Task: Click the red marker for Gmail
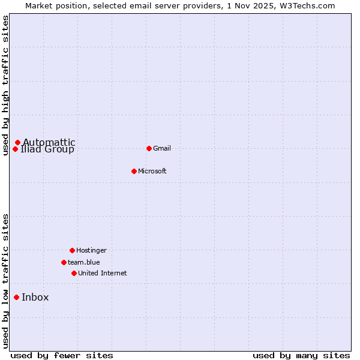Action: tap(149, 148)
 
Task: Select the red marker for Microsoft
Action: tap(134, 171)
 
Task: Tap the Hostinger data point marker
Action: tap(72, 250)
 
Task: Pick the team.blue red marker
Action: tap(64, 262)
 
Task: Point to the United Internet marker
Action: tap(74, 273)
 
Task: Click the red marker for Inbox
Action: tap(16, 297)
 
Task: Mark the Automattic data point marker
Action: tap(17, 142)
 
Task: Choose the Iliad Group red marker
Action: tap(15, 149)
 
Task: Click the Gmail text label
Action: tap(162, 148)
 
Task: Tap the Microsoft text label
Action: tap(152, 171)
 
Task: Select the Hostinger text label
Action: tap(91, 250)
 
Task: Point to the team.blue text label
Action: tap(84, 262)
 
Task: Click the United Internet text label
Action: tap(103, 273)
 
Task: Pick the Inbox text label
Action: tap(35, 298)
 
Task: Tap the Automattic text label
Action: tap(50, 142)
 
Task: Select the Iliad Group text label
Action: tap(48, 150)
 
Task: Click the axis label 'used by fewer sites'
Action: tap(62, 355)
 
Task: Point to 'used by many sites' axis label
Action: tap(301, 355)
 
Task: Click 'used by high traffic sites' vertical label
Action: tap(6, 85)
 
